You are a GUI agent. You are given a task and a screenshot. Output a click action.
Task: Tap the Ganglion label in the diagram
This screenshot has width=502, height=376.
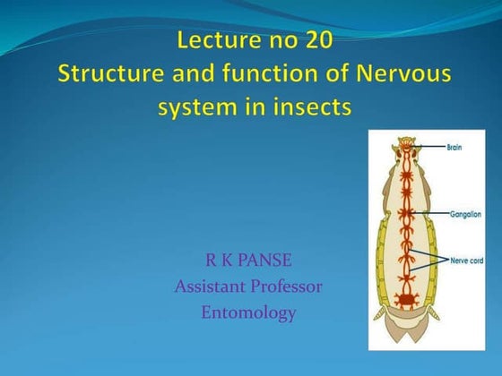pos(464,215)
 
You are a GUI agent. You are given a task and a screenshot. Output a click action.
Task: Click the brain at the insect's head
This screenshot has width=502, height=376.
pos(409,147)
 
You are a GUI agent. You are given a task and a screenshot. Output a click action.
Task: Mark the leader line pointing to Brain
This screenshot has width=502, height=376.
pos(432,146)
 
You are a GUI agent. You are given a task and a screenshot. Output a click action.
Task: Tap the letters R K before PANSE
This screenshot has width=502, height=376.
pos(218,261)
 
